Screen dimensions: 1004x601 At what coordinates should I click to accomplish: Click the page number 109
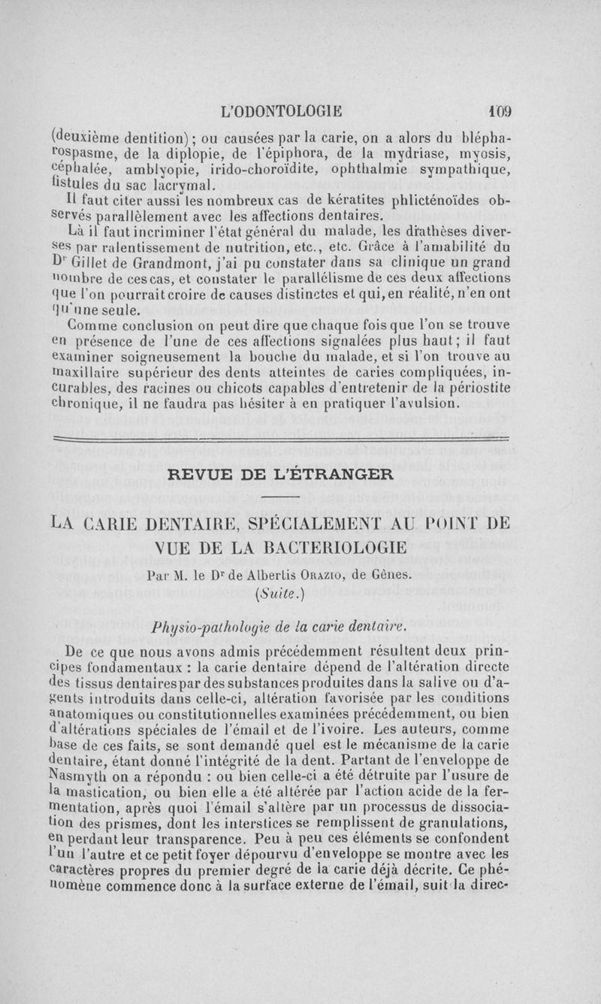tap(497, 111)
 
